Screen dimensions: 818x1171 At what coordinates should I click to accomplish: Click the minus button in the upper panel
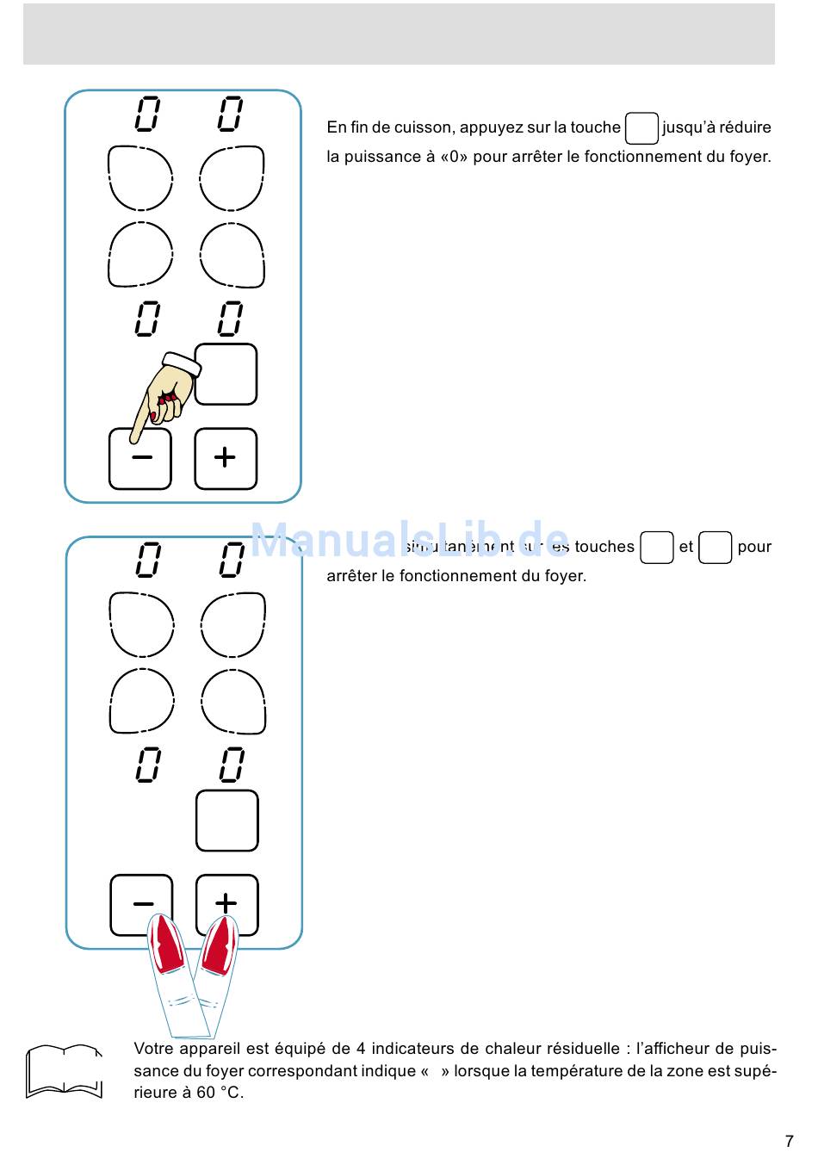click(140, 458)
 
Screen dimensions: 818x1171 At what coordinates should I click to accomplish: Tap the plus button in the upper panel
click(226, 458)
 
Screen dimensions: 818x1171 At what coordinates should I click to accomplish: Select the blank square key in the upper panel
click(226, 375)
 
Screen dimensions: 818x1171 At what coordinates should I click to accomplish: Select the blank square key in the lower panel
click(227, 821)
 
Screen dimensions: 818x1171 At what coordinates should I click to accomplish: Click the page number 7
click(789, 1142)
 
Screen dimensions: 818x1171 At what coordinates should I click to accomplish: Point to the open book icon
click(64, 1071)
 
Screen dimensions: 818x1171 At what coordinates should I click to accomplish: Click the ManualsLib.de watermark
click(410, 542)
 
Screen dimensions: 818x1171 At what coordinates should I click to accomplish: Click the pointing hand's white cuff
click(182, 363)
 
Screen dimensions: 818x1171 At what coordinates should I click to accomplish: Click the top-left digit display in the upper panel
click(147, 114)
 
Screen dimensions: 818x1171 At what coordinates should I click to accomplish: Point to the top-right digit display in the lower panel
click(232, 560)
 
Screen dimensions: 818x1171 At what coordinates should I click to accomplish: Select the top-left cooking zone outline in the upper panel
click(140, 178)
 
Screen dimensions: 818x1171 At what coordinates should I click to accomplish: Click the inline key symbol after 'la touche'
click(641, 128)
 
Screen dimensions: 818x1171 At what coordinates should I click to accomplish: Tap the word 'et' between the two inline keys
click(685, 547)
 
